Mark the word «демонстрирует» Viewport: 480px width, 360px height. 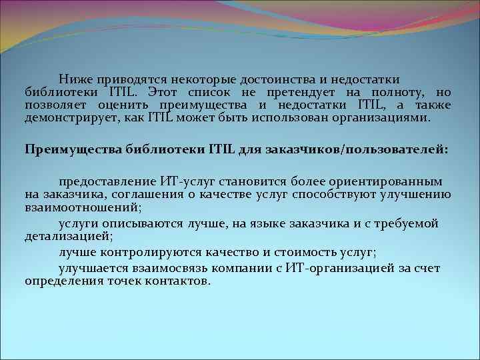click(64, 118)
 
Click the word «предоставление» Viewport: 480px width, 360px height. click(107, 181)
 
